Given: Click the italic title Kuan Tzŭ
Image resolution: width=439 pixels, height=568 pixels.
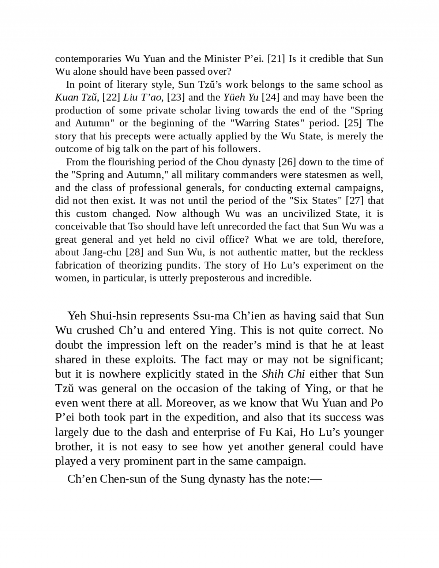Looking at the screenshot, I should point(76,97).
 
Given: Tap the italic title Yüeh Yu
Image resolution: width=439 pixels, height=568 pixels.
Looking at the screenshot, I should point(241,97).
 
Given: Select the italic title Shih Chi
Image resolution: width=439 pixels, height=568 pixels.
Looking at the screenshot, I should point(283,374).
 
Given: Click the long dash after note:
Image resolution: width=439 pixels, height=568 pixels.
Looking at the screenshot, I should point(316,479).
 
